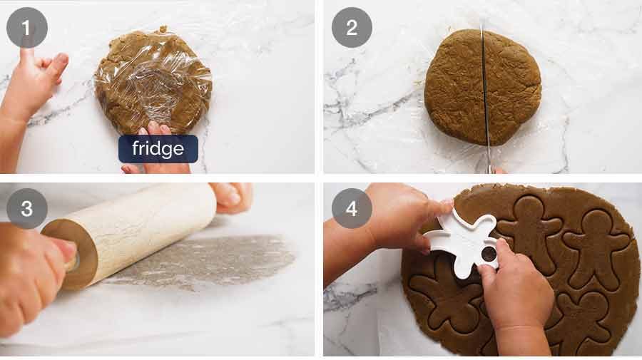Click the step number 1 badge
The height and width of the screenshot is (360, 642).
(27, 28)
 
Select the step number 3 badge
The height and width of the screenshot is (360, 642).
(27, 209)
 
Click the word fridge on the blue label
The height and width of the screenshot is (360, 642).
(158, 149)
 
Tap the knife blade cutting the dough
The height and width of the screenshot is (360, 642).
(484, 93)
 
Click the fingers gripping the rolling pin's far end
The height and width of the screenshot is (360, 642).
(232, 195)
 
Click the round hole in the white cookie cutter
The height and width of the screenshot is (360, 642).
(489, 253)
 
